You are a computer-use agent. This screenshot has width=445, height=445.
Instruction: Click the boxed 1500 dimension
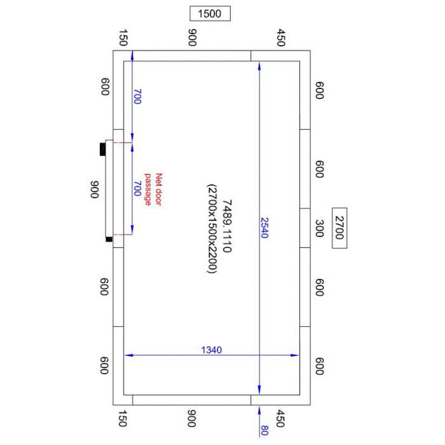209,14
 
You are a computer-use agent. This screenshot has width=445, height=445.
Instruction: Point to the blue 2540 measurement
265,227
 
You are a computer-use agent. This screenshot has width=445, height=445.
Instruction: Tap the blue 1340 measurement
211,350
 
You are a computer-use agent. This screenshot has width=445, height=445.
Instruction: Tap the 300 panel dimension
320,228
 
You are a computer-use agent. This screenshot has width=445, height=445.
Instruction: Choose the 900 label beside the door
95,190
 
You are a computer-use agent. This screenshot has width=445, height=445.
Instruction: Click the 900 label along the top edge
192,38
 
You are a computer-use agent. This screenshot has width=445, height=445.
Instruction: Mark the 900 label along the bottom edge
192,420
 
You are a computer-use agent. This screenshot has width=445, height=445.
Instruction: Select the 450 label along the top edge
281,38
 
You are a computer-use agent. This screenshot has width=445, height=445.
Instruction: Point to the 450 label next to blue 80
281,420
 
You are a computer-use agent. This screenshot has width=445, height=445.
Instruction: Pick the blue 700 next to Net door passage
138,189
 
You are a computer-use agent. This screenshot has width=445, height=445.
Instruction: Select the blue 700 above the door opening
138,97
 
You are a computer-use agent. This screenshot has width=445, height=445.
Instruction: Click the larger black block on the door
103,149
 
